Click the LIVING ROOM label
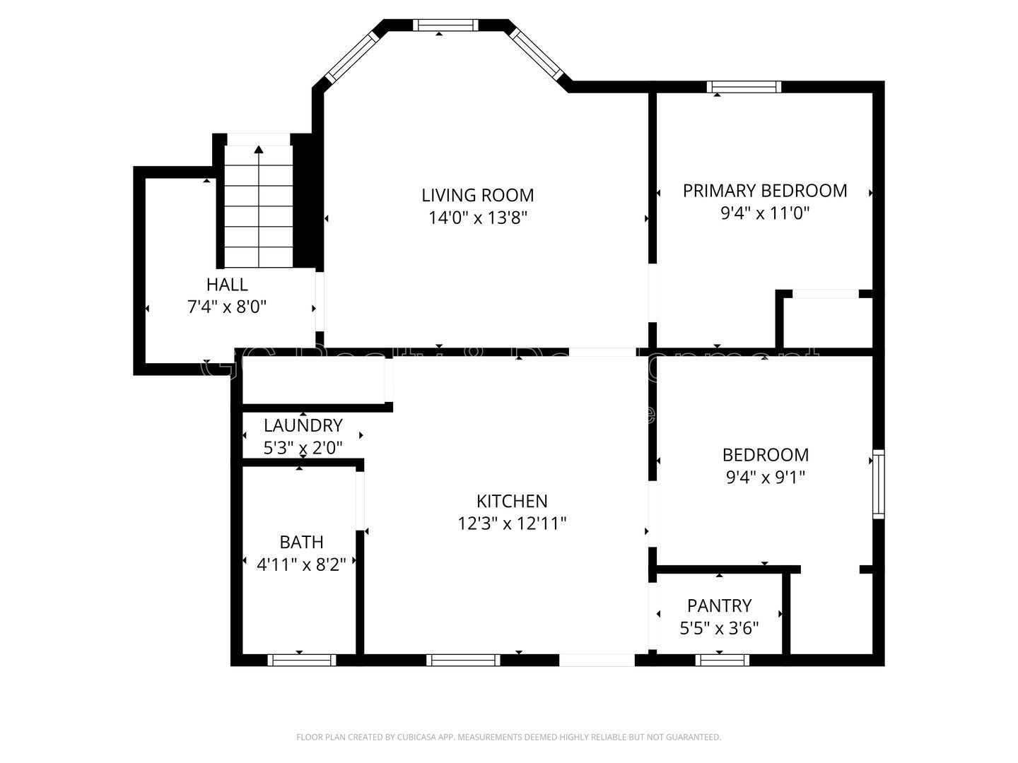pyautogui.click(x=477, y=195)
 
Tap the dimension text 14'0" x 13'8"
pyautogui.click(x=478, y=218)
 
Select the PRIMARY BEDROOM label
pyautogui.click(x=764, y=191)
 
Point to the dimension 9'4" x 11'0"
pyautogui.click(x=764, y=213)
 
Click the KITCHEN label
pyautogui.click(x=512, y=502)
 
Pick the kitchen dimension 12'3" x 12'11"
pyautogui.click(x=512, y=524)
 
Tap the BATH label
pyautogui.click(x=302, y=543)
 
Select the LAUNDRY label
pyautogui.click(x=303, y=426)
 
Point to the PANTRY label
pyautogui.click(x=719, y=606)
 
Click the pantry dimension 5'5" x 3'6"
pyautogui.click(x=719, y=628)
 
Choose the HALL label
pyautogui.click(x=227, y=285)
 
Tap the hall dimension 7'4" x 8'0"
pyautogui.click(x=227, y=307)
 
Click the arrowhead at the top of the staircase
pyautogui.click(x=259, y=149)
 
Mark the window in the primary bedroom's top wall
pyautogui.click(x=744, y=87)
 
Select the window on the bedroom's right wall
pyautogui.click(x=878, y=484)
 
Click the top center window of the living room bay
pyautogui.click(x=445, y=25)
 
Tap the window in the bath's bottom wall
pyautogui.click(x=302, y=660)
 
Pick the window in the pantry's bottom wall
pyautogui.click(x=722, y=660)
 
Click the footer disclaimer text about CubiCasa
pyautogui.click(x=508, y=737)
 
